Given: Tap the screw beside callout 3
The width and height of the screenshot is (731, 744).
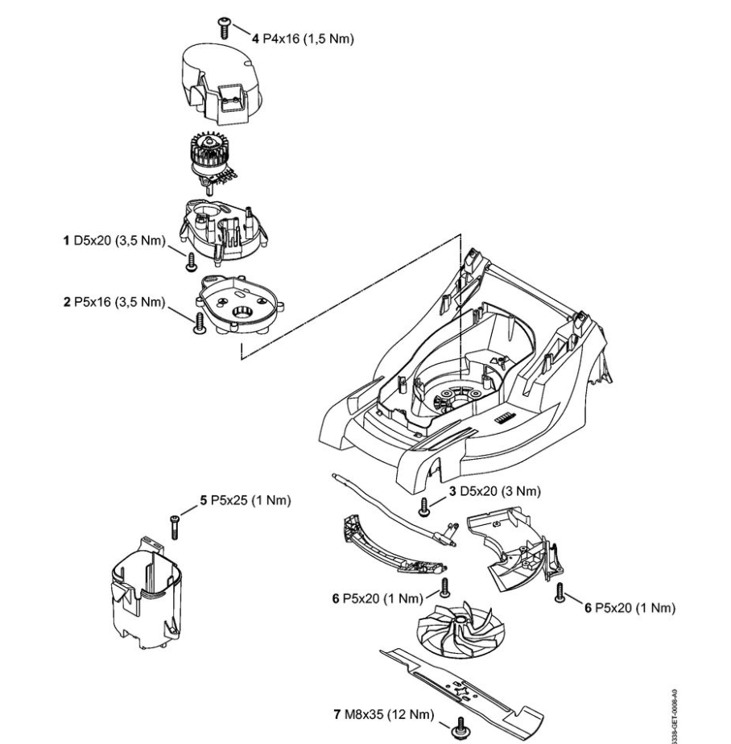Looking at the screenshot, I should click(x=424, y=506).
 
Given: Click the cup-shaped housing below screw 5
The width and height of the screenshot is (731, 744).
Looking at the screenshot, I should click(x=149, y=592).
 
